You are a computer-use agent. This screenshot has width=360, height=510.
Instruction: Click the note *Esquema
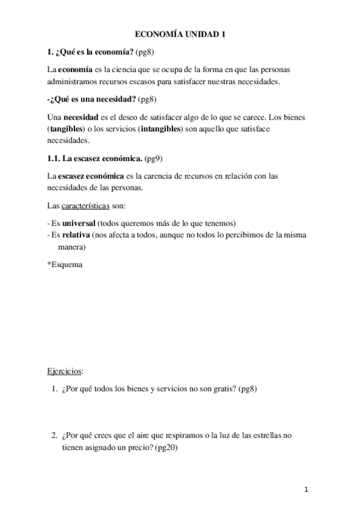click(65, 264)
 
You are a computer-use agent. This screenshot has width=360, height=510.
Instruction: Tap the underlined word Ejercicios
click(65, 370)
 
